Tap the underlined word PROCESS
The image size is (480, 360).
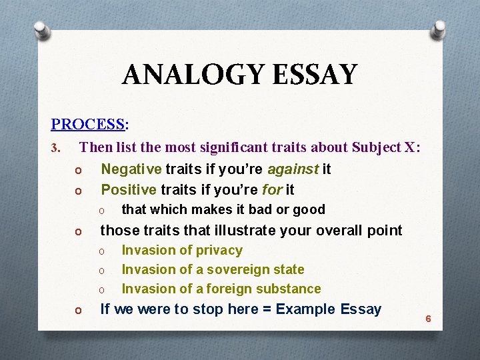87,125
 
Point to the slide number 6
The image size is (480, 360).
428,319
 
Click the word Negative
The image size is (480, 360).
131,169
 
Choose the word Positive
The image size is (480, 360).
129,189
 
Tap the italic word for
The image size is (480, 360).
271,189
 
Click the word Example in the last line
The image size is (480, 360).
305,309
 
